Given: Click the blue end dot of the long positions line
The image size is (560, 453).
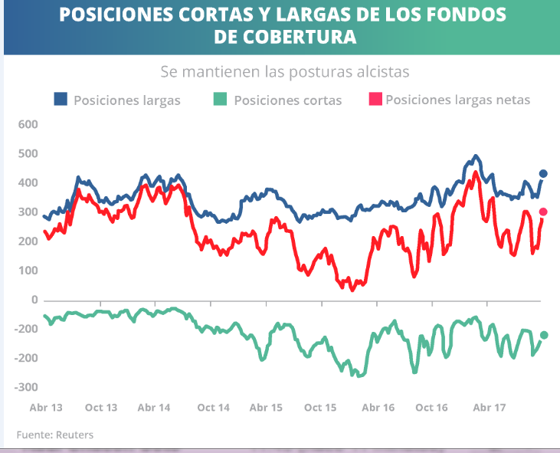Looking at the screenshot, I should tap(543, 174).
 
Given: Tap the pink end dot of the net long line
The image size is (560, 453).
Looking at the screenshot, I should tap(543, 212).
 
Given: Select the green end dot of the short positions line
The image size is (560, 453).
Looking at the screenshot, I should tap(543, 335).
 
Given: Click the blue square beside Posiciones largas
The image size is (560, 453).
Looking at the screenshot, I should tap(61, 99).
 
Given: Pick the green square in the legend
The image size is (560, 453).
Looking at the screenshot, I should tap(220, 99).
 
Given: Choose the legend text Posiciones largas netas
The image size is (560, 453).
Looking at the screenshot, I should tap(457, 100).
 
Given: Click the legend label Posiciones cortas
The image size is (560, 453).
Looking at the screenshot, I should tap(287, 100).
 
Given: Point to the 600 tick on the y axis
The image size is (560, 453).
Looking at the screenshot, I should tap(28, 124).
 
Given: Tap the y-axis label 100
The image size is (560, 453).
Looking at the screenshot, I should tap(28, 271).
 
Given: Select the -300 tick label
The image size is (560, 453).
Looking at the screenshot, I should tap(26, 387).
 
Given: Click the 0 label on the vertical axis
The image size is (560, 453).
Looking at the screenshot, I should tap(34, 300).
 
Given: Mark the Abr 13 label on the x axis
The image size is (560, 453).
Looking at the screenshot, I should tap(45, 408).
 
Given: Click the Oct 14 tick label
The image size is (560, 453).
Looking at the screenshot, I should tap(213, 408).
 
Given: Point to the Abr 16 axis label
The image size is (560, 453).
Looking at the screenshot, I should tap(378, 408).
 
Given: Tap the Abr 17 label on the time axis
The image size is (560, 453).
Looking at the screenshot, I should tap(488, 408).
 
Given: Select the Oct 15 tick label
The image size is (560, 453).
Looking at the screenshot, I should tap(321, 408).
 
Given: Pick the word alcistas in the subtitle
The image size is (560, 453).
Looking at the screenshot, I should tap(381, 72).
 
